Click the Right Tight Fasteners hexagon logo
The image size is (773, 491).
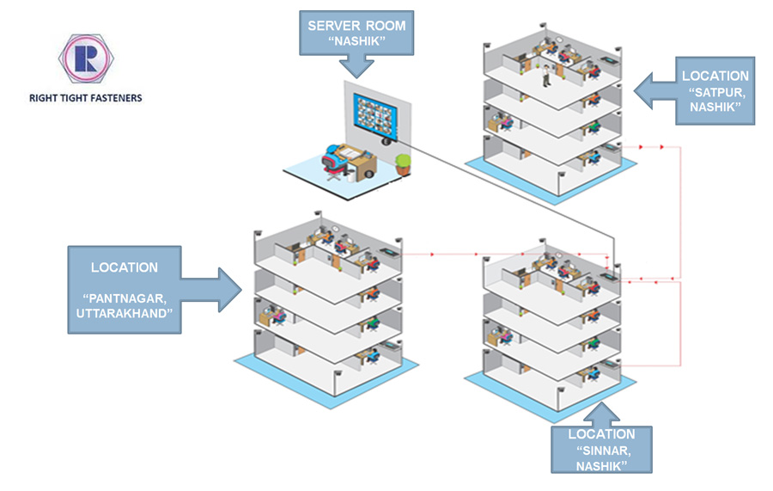click(84, 58)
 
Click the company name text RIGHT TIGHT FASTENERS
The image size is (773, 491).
click(85, 98)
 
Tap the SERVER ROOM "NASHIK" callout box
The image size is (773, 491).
click(356, 34)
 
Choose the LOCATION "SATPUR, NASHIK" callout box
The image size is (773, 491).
click(715, 90)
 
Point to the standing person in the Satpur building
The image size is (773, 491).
click(545, 77)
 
